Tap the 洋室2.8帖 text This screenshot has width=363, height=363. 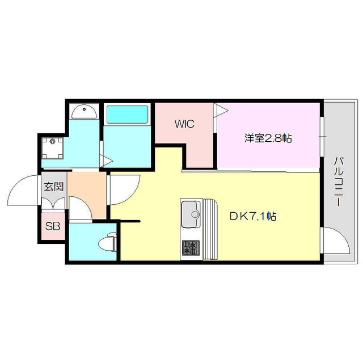pos(268,138)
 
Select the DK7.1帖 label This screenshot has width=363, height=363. pos(253,216)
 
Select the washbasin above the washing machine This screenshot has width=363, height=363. pos(85,111)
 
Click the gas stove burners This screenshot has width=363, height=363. pos(191,247)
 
